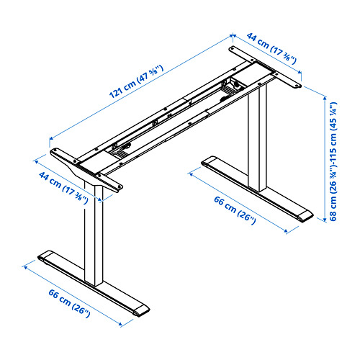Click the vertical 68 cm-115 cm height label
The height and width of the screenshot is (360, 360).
pyautogui.click(x=333, y=163)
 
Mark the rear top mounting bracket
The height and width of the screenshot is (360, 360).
pyautogui.click(x=264, y=67)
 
